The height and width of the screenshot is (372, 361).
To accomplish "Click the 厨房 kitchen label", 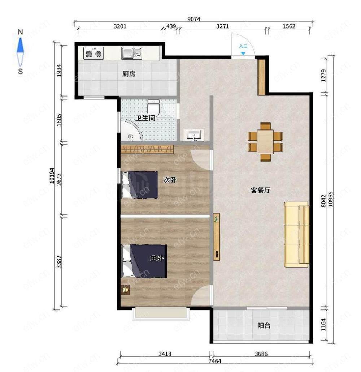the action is click(129, 74).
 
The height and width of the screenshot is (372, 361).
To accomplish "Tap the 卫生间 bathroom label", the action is click(145, 118).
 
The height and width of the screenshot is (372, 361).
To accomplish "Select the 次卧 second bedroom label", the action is click(170, 180).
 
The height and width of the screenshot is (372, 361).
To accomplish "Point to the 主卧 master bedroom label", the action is click(157, 258).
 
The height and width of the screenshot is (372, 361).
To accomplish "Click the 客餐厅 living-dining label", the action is click(261, 190).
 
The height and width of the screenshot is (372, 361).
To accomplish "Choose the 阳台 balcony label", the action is click(264, 325).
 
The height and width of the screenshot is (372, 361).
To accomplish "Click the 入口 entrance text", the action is click(243, 46).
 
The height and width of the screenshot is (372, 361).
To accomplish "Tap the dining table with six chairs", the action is click(265, 142).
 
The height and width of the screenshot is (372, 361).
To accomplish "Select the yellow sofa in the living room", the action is click(297, 234).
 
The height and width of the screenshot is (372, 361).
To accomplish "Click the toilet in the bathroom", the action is click(153, 107).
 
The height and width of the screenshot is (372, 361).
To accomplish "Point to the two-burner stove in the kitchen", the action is click(93, 53).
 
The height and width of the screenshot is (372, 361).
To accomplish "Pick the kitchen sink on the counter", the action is click(131, 53).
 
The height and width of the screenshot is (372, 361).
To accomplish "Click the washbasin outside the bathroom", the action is click(194, 135).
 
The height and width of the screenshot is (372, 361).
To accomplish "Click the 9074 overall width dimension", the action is click(194, 19).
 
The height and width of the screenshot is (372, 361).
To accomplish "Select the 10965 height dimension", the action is click(330, 199).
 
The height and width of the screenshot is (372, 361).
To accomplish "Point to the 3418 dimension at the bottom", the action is click(165, 354).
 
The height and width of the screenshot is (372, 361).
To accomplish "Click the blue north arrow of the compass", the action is click(20, 45).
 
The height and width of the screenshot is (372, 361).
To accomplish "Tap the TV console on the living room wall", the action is click(217, 237).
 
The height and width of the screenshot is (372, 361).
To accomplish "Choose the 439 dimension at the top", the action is click(171, 26).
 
